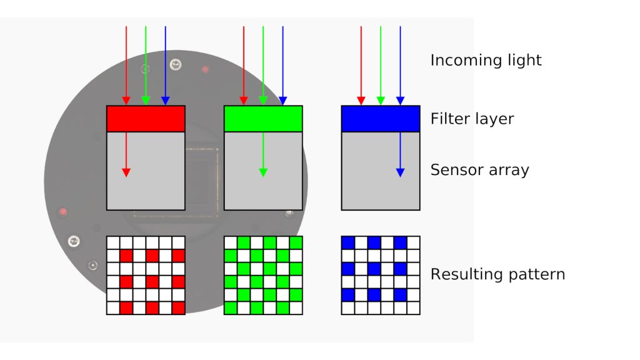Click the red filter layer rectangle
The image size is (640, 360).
[146, 119]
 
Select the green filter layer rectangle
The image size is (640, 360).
[263, 119]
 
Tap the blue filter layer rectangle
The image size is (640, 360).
[381, 119]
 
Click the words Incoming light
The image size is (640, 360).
[486, 61]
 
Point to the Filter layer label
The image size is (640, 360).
[472, 119]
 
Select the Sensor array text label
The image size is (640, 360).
[479, 170]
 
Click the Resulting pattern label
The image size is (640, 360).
[497, 274]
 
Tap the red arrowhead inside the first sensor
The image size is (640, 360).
[126, 172]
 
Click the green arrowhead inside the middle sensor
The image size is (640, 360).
[263, 172]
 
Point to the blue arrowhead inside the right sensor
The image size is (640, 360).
[400, 172]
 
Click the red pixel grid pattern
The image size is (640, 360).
[146, 275]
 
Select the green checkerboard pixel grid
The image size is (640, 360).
[263, 275]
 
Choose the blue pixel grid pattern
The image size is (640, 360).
[381, 275]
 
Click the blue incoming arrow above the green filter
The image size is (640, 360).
[282, 62]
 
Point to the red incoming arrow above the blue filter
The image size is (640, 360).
[361, 62]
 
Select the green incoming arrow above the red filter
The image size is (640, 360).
[146, 62]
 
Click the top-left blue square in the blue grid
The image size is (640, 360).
[348, 242]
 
